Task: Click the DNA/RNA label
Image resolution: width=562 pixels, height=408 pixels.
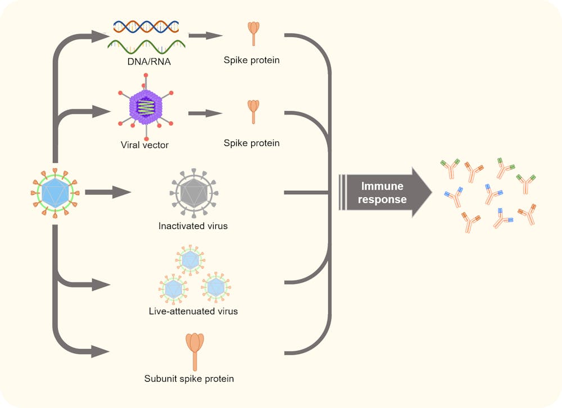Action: [x=146, y=61]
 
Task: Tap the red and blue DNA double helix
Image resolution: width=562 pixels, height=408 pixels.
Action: [x=146, y=26]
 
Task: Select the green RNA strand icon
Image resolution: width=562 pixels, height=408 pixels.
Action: [x=146, y=45]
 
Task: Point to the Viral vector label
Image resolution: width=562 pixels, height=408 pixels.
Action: [x=144, y=145]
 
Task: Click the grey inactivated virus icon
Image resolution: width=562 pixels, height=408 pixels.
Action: [x=193, y=192]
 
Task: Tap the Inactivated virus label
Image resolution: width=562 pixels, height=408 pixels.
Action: [x=193, y=227]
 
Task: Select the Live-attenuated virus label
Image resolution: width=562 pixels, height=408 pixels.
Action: [x=193, y=311]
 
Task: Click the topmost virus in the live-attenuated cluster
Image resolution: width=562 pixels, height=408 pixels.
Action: [x=192, y=259]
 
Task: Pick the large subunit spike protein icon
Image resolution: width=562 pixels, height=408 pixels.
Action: [x=195, y=351]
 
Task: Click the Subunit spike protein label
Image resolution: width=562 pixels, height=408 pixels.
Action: [x=189, y=378]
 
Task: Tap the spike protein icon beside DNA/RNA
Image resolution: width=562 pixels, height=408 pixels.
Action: [x=254, y=33]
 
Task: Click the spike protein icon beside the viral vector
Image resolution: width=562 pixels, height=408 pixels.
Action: [x=254, y=111]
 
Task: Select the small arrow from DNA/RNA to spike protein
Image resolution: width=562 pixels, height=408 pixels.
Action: [x=205, y=36]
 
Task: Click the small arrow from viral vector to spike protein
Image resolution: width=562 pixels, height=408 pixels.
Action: [x=205, y=113]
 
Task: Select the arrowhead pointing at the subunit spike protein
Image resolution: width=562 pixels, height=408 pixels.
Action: [x=101, y=352]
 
